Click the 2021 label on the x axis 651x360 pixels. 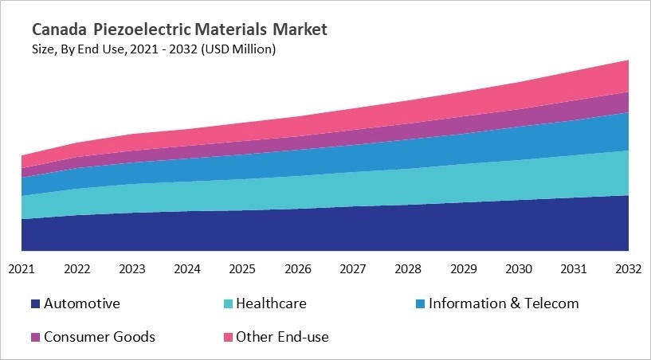tap(22, 269)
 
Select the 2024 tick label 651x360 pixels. tap(187, 269)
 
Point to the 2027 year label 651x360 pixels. tap(353, 269)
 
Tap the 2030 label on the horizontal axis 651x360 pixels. tap(519, 269)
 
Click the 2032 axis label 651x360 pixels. tap(629, 269)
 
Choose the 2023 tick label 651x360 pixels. tap(132, 269)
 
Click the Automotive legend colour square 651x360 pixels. tap(35, 304)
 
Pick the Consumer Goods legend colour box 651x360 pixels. tap(35, 337)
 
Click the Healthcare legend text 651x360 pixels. tap(271, 303)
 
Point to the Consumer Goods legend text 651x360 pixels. tap(100, 337)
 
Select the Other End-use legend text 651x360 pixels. tap(283, 337)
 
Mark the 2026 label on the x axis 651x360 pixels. tap(298, 269)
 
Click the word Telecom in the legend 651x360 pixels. tap(552, 303)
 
